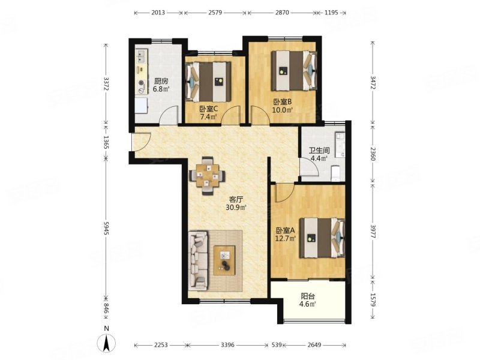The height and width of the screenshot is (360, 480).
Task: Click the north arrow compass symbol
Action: coord(106,343)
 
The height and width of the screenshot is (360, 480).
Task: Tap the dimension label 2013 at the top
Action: coord(158,13)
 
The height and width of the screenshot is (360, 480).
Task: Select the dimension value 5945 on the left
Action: coord(106,229)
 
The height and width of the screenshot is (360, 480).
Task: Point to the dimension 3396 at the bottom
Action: coord(227,345)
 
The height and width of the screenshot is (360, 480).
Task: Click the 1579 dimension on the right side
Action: coord(373,299)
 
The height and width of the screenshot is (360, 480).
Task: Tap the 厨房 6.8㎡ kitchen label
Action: coord(161,85)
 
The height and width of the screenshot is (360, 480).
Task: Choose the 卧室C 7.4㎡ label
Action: coord(208,112)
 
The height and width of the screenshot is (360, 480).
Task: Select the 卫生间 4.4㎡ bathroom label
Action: coord(319,154)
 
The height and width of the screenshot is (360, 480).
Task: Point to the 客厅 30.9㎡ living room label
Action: coord(236,203)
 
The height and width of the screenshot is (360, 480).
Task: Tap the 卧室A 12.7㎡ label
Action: coord(286,234)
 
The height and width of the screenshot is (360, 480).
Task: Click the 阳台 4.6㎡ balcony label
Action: coord(308,300)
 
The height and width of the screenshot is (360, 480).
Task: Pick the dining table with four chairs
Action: coord(208,176)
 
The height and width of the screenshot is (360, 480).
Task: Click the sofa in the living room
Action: coord(198,261)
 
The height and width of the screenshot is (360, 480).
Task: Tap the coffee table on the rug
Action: coord(224,260)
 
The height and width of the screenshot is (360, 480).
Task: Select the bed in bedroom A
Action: coord(322,238)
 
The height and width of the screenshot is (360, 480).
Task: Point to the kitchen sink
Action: coord(142,56)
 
